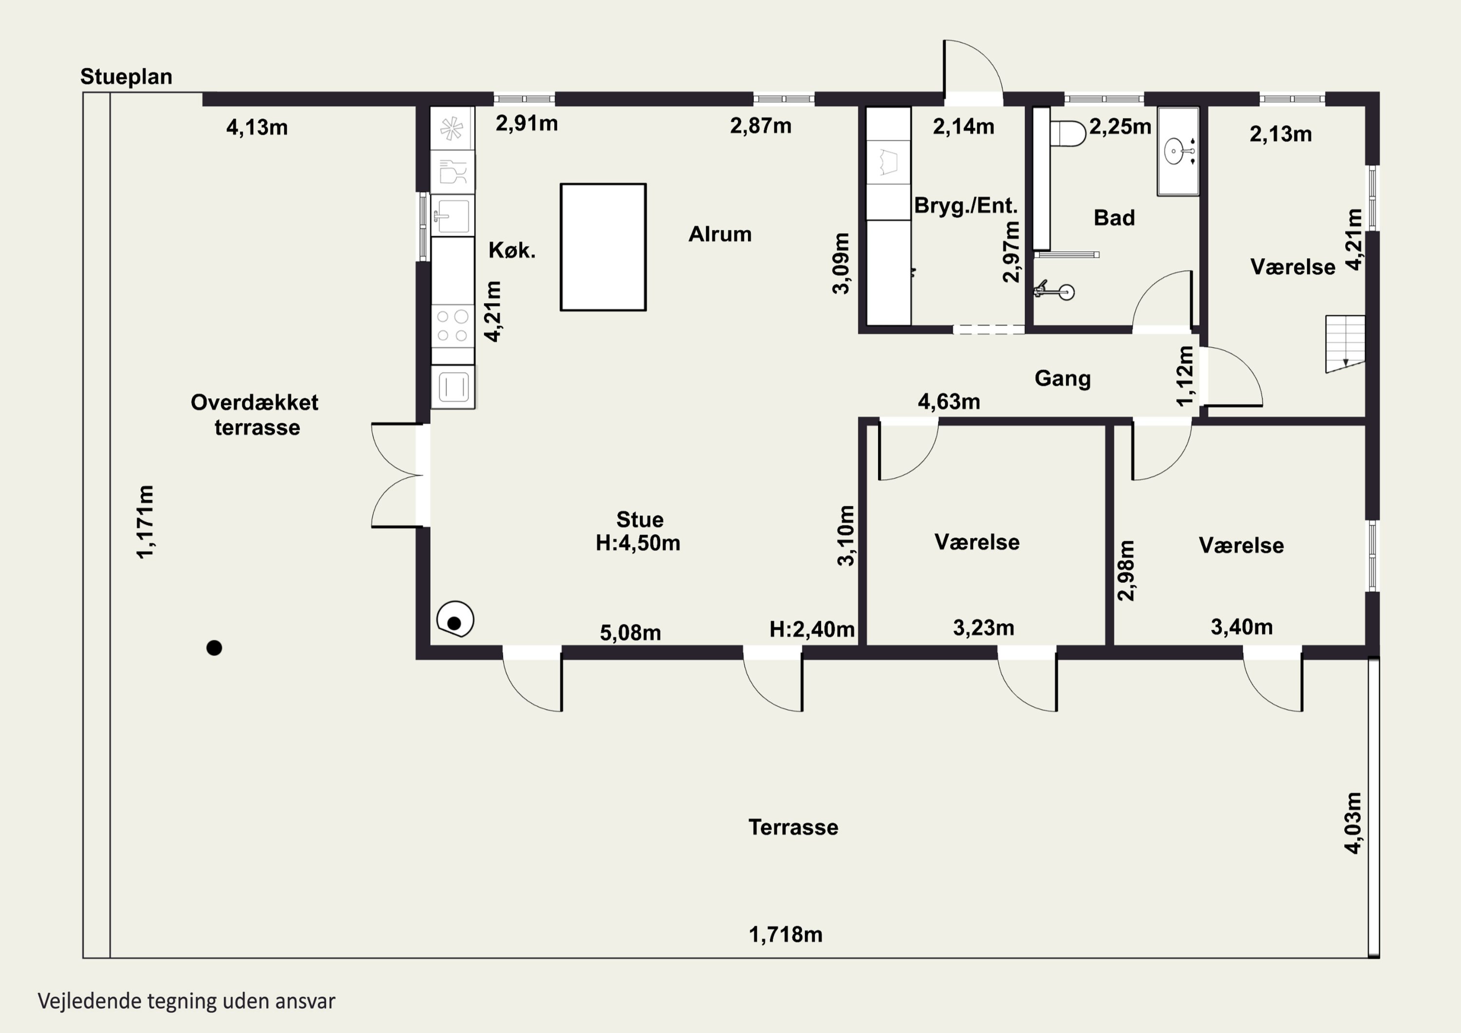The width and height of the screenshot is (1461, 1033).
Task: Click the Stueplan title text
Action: (126, 77)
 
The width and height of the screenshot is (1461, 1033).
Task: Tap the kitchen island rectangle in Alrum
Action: (603, 247)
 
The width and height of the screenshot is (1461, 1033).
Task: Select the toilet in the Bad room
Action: (1068, 133)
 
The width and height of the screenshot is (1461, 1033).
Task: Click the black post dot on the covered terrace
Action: (214, 648)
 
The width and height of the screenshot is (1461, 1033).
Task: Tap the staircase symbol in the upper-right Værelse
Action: (1345, 344)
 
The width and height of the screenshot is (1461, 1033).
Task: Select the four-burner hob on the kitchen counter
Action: (452, 326)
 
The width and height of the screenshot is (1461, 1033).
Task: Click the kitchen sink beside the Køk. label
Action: (452, 215)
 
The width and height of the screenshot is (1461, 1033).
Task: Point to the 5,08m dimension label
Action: (631, 633)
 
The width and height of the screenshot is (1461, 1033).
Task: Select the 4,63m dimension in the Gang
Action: (949, 402)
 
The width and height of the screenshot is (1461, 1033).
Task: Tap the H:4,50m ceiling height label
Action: (638, 543)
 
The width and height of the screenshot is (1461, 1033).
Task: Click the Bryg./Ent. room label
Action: (966, 206)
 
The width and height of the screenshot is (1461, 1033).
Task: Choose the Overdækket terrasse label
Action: (255, 415)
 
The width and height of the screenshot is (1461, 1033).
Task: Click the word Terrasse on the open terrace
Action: (793, 827)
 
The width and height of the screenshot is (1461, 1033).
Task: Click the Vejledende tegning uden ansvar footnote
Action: (187, 1001)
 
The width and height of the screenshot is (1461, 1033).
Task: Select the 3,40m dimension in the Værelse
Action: (1241, 627)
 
